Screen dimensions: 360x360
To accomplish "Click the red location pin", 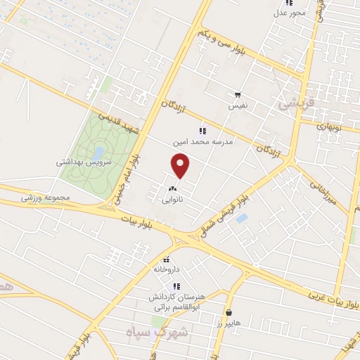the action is click(181, 166).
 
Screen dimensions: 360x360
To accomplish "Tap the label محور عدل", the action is click(290, 13).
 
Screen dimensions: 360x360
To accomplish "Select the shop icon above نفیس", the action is click(238, 95).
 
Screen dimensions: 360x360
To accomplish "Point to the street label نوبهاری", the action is click(328, 127).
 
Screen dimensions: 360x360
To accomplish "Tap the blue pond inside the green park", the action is click(98, 151).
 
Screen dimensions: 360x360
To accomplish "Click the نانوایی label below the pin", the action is click(173, 200).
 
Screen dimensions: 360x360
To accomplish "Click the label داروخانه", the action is click(167, 269).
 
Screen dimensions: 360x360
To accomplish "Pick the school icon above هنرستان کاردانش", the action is click(177, 286).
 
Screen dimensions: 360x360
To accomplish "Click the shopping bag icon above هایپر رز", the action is click(229, 311).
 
